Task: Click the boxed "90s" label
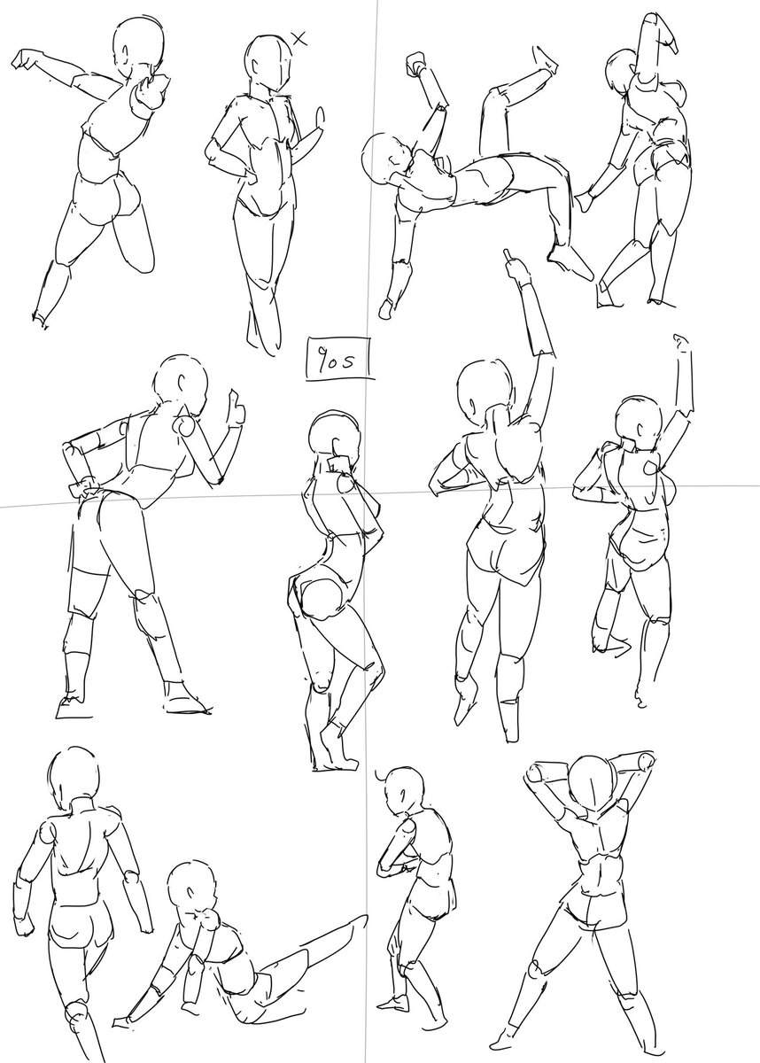pos(338,359)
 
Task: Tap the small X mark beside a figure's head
pos(299,38)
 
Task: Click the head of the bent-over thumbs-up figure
pos(182,379)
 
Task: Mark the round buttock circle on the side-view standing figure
pos(322,599)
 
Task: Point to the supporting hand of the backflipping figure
pos(385,309)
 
